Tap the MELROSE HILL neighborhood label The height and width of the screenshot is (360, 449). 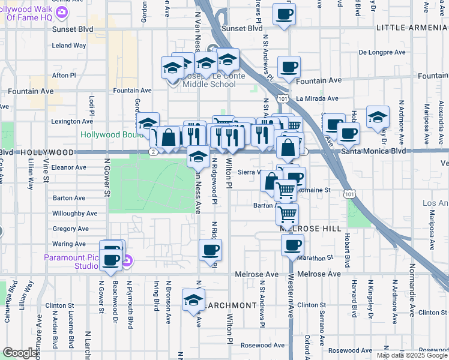tap(311, 229)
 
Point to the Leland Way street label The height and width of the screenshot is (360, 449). tap(69, 45)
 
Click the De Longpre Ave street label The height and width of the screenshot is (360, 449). tap(383, 52)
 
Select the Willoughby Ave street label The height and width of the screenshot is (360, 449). tap(74, 213)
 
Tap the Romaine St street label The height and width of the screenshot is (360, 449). tap(319, 190)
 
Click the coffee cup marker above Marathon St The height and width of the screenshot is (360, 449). tap(292, 245)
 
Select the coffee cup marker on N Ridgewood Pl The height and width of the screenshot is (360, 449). tap(209, 249)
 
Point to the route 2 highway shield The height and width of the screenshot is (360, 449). tap(154, 152)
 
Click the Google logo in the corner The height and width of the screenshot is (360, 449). tap(20, 353)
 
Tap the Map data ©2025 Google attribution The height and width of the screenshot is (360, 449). tap(411, 355)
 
